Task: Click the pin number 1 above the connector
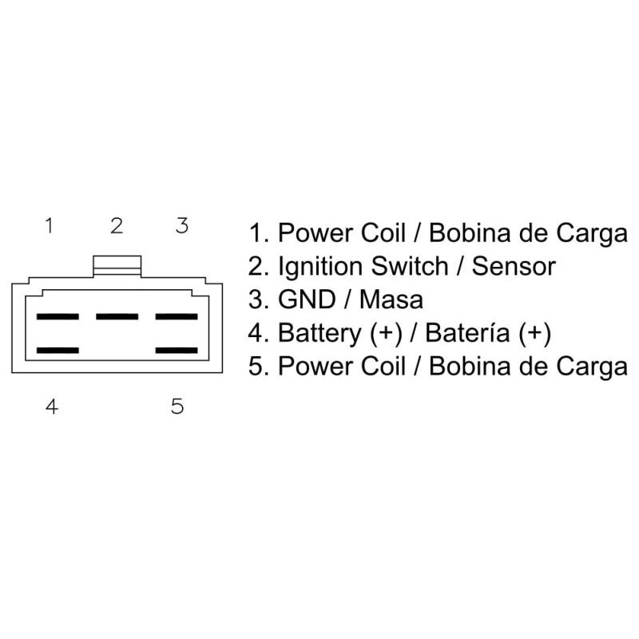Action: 49,226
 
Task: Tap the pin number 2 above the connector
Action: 117,226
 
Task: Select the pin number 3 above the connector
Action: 182,226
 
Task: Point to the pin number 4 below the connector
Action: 51,407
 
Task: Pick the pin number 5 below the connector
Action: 177,407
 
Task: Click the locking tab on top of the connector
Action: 117,265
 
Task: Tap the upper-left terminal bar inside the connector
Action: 58,317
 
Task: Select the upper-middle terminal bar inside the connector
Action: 117,317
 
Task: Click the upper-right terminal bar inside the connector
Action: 177,317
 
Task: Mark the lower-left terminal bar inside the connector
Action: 58,351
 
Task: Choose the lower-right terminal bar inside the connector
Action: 177,351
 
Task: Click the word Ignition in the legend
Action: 320,267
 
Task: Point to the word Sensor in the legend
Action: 513,267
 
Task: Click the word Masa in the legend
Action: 391,300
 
